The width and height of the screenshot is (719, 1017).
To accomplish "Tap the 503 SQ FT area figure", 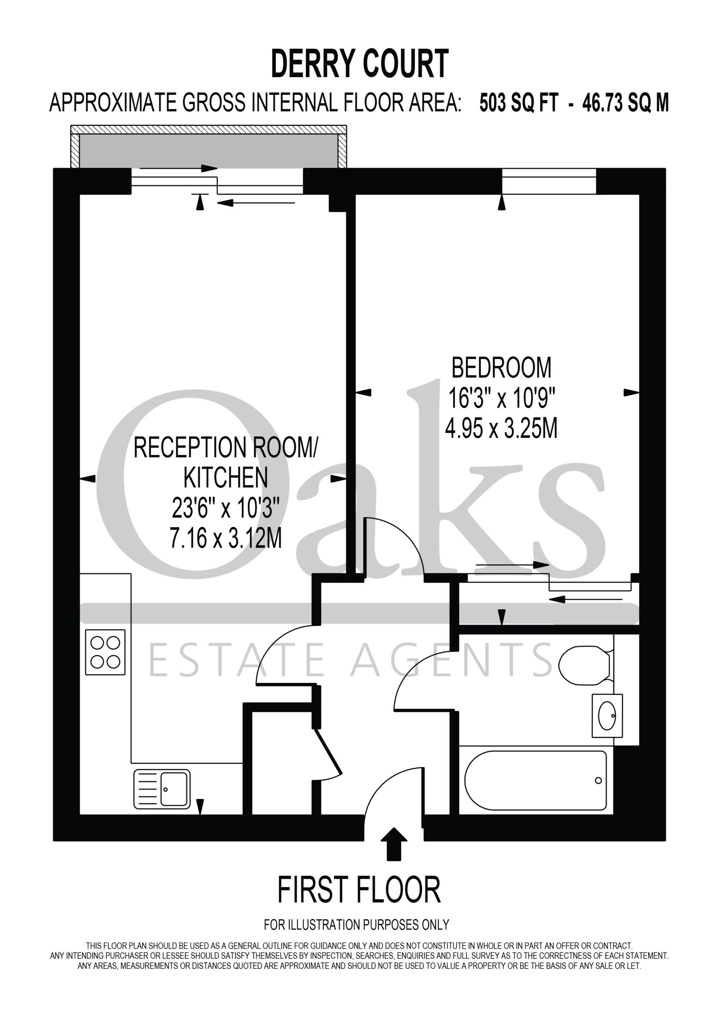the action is point(518,103).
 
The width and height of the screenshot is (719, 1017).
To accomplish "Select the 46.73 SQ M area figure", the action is point(625,103).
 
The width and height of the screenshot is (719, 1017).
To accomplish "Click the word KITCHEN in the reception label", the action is point(226,477).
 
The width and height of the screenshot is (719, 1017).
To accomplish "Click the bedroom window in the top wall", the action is point(549,181).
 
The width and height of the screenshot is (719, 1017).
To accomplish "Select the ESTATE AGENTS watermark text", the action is point(350,659).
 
